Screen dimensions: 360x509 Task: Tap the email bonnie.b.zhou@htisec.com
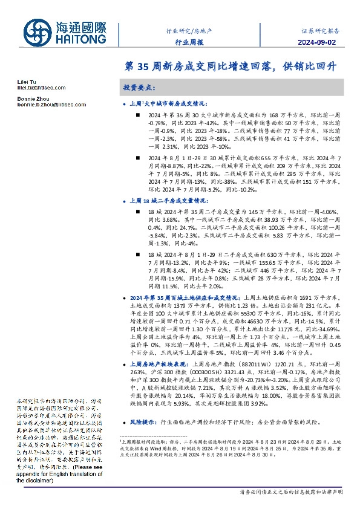tap(43, 105)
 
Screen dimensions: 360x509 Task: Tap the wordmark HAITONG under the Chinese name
tap(82, 39)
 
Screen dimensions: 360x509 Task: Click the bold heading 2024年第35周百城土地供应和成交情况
tap(185, 298)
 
